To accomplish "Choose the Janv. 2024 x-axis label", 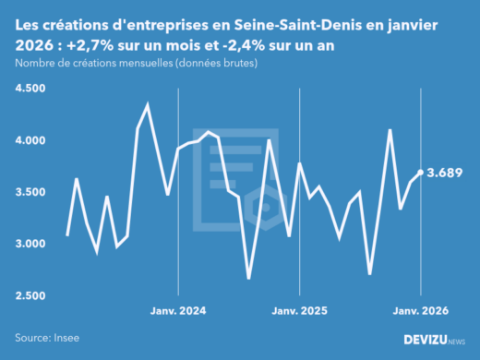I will pyautogui.click(x=178, y=311).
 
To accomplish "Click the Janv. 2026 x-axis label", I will pyautogui.click(x=421, y=311).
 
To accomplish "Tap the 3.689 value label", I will pyautogui.click(x=446, y=173).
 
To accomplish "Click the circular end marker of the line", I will pyautogui.click(x=421, y=173).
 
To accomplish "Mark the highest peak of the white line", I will pyautogui.click(x=148, y=104).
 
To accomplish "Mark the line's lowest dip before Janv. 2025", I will pyautogui.click(x=248, y=278).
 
